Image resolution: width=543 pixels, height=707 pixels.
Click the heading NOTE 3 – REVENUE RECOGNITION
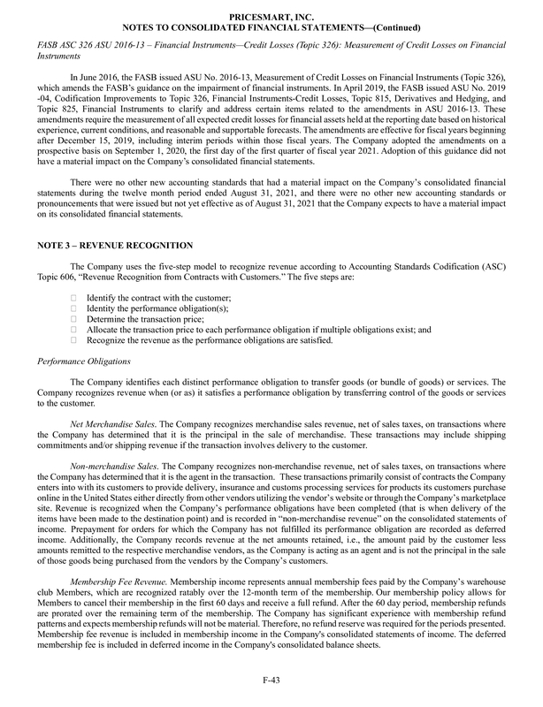pos(119,243)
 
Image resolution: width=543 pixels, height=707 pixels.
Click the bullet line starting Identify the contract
pos(158,300)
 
